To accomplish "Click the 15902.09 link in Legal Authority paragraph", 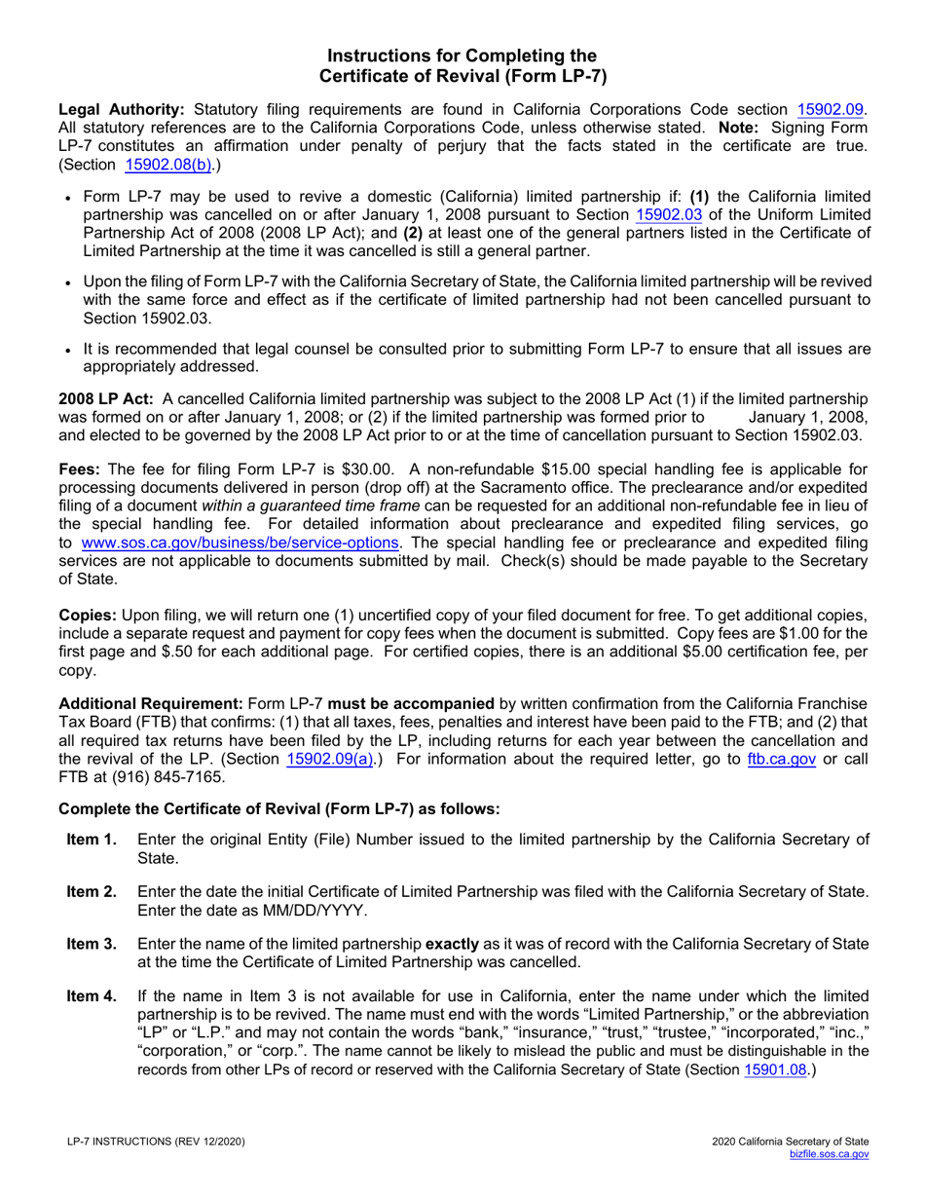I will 830,110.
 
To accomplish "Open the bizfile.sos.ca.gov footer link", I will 829,1153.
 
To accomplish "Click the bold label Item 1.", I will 92,840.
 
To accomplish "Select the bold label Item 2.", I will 92,891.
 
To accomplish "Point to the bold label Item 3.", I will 92,943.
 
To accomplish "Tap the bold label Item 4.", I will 92,995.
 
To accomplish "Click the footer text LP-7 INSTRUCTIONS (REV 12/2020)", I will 162,1142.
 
